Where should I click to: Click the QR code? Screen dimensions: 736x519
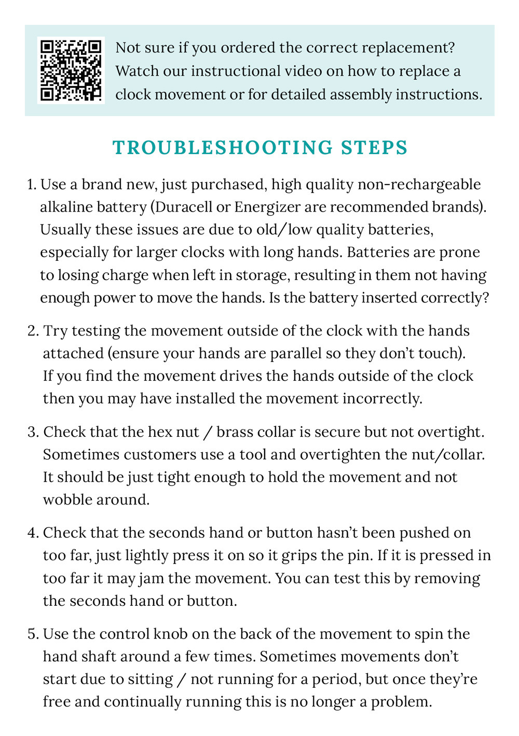click(71, 70)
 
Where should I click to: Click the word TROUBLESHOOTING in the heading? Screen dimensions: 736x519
click(223, 148)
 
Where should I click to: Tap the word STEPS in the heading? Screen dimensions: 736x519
click(374, 148)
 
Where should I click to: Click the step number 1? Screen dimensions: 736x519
click(30, 185)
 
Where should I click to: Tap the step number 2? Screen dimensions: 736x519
click(32, 331)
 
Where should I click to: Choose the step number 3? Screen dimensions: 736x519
click(32, 432)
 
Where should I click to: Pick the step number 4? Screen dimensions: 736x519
click(32, 533)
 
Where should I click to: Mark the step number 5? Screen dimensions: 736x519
click(32, 634)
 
